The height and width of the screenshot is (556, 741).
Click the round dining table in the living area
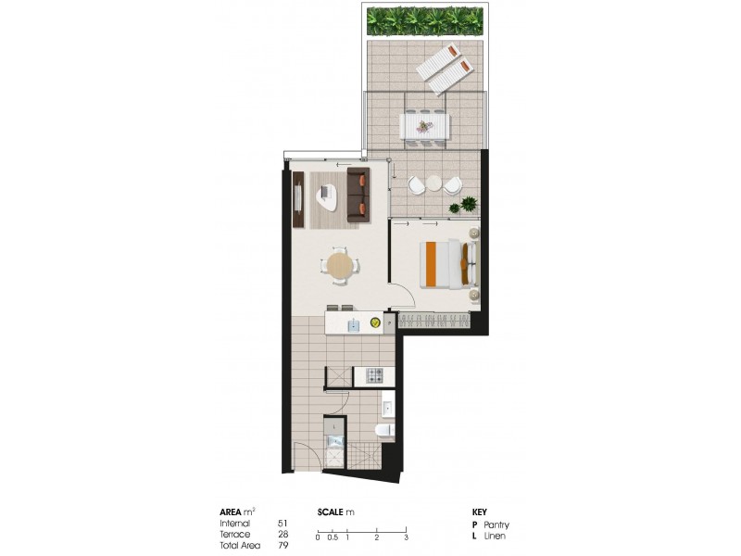pos(341,266)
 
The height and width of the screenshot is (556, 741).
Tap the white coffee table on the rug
pos(327,195)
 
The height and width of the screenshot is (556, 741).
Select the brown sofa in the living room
pos(358,194)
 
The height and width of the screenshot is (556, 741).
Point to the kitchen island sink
pos(353,323)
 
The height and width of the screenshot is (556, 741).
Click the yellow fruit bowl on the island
pos(375,322)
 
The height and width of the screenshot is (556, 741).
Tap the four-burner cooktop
pos(375,376)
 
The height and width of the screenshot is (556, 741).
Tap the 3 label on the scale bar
pos(407,537)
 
